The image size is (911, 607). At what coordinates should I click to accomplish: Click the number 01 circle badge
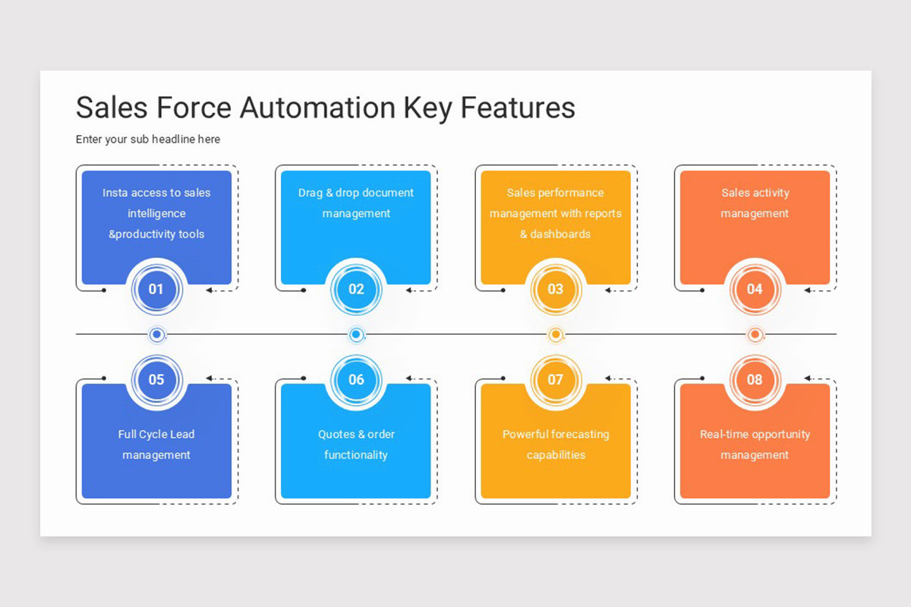click(x=156, y=288)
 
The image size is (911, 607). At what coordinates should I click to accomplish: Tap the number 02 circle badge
click(x=356, y=288)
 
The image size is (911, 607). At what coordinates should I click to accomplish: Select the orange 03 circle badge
click(x=556, y=288)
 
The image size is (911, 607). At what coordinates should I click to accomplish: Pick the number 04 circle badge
click(x=755, y=288)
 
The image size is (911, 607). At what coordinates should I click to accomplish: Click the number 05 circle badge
click(x=156, y=379)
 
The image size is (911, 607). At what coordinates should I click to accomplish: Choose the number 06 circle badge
click(x=356, y=379)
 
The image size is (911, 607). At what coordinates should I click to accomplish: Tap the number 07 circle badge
click(x=556, y=379)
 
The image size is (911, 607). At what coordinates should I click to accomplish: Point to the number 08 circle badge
click(x=755, y=379)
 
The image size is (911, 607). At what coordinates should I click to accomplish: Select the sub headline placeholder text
click(x=148, y=140)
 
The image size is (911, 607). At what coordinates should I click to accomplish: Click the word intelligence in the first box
click(x=156, y=213)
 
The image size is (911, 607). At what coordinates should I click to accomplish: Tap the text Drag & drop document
click(x=356, y=193)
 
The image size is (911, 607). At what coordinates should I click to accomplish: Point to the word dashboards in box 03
click(x=560, y=234)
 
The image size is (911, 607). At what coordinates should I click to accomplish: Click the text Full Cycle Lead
click(x=156, y=434)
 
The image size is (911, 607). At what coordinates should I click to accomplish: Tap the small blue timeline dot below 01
click(x=156, y=335)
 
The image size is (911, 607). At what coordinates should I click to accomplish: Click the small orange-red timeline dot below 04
click(x=755, y=335)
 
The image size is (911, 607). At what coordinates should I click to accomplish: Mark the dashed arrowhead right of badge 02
click(x=409, y=290)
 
